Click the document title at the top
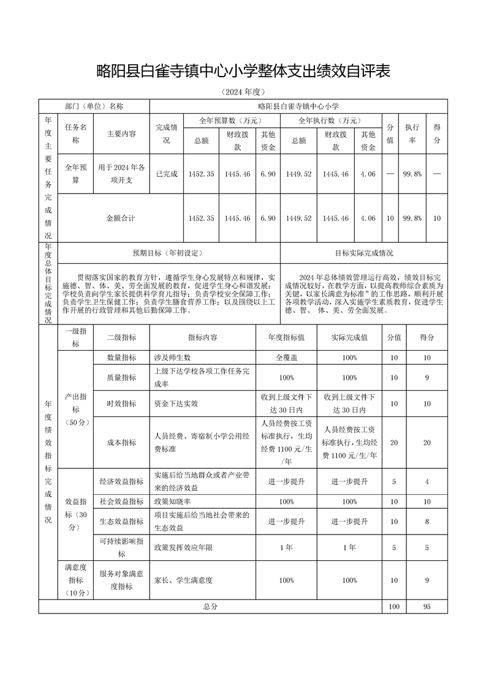pos(243,72)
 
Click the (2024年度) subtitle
pos(243,92)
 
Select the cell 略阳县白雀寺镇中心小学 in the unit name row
pos(298,106)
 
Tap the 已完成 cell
pos(167,174)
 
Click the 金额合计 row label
pos(121,218)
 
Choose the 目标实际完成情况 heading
pos(364,252)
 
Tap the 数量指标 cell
pos(121,358)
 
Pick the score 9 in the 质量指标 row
pos(427,378)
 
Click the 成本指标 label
pos(121,442)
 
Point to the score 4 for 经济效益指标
pos(427,482)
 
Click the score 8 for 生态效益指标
pos(427,522)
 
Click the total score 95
pos(427,606)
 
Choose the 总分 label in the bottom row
pos(210,606)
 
